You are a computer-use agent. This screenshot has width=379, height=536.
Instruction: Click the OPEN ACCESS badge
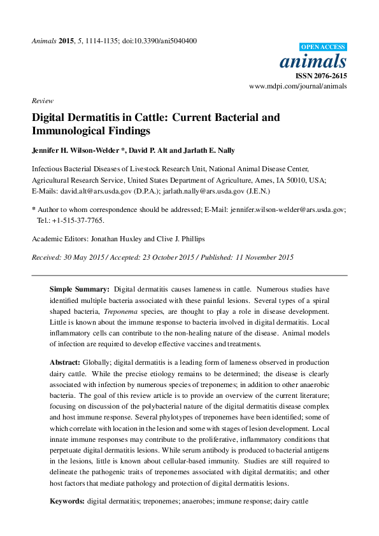[323, 46]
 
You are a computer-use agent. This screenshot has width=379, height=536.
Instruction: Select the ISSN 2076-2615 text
[321, 75]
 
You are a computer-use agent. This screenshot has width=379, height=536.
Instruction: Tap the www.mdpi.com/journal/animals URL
[297, 85]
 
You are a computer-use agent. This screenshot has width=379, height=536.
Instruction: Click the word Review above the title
[43, 101]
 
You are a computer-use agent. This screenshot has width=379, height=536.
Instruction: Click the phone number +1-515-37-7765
[79, 221]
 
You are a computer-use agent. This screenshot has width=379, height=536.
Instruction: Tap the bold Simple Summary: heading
[80, 289]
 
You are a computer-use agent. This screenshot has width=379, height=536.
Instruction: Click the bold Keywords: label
[68, 502]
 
